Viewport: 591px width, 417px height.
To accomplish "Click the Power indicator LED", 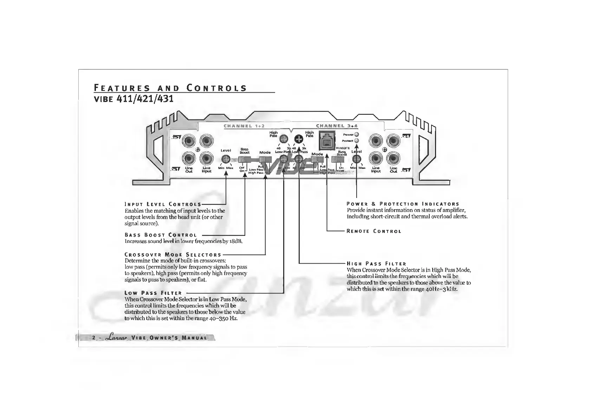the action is pos(356,134).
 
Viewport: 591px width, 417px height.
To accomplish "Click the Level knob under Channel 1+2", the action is pos(226,159).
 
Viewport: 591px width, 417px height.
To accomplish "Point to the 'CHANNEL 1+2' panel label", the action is pos(244,126).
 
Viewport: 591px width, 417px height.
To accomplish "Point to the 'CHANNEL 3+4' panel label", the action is pos(335,126).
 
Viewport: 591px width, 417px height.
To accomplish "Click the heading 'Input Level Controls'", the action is pos(163,204).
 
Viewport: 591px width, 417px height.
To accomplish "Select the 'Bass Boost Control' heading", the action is pos(161,235).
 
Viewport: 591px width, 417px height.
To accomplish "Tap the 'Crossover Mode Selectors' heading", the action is pos(173,254).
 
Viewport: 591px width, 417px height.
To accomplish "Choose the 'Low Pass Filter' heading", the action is pos(153,293).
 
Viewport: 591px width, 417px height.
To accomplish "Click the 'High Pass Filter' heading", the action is pos(376,264).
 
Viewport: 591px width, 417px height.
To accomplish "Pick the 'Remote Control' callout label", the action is pos(374,231).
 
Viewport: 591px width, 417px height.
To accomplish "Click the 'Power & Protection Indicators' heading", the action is pos(403,204).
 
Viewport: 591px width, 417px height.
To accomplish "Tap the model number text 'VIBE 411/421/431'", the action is pos(134,99).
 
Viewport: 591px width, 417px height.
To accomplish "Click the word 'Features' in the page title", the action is pos(122,88).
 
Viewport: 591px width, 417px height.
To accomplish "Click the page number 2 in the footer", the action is pos(94,338).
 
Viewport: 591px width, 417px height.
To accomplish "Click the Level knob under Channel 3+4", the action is pos(357,159).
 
